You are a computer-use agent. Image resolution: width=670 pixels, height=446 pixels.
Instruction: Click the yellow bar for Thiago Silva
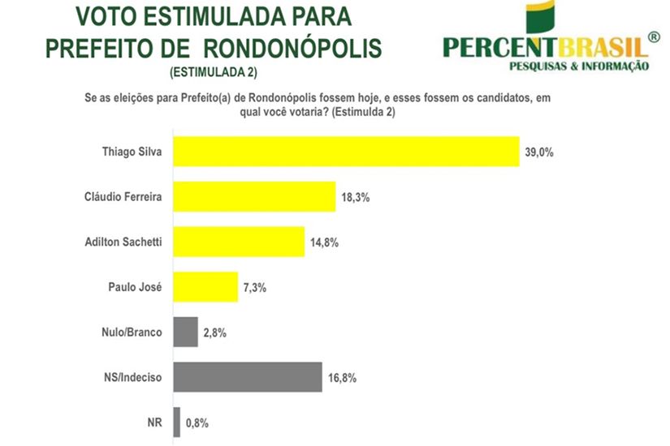[346, 152]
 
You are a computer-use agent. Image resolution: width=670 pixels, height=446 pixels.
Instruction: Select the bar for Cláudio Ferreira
[254, 197]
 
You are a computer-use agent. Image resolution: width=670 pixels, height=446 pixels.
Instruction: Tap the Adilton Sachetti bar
[239, 242]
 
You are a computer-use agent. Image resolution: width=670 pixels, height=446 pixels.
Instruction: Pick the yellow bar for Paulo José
[205, 287]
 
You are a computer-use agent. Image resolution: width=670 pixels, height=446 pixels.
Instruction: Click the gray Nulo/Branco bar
[186, 332]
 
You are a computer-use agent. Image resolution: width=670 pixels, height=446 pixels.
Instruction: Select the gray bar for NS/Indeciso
[248, 377]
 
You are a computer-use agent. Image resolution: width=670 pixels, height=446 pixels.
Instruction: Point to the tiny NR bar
[177, 422]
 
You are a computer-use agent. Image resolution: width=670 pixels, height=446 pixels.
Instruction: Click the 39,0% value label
[538, 152]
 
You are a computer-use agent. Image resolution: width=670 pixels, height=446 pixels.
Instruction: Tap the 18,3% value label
[356, 197]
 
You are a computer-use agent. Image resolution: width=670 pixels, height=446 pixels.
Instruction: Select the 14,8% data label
[325, 242]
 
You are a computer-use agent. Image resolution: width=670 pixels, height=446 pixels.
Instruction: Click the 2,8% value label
[215, 332]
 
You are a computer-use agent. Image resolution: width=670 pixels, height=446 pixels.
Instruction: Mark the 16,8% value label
[342, 377]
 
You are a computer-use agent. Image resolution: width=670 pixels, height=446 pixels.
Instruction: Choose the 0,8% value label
[197, 422]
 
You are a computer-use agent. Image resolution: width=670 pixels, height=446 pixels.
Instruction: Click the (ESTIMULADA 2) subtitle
[213, 72]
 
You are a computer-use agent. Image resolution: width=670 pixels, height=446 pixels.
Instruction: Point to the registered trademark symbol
[655, 36]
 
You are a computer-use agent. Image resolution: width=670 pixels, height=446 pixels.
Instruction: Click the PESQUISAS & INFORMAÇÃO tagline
[578, 66]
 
